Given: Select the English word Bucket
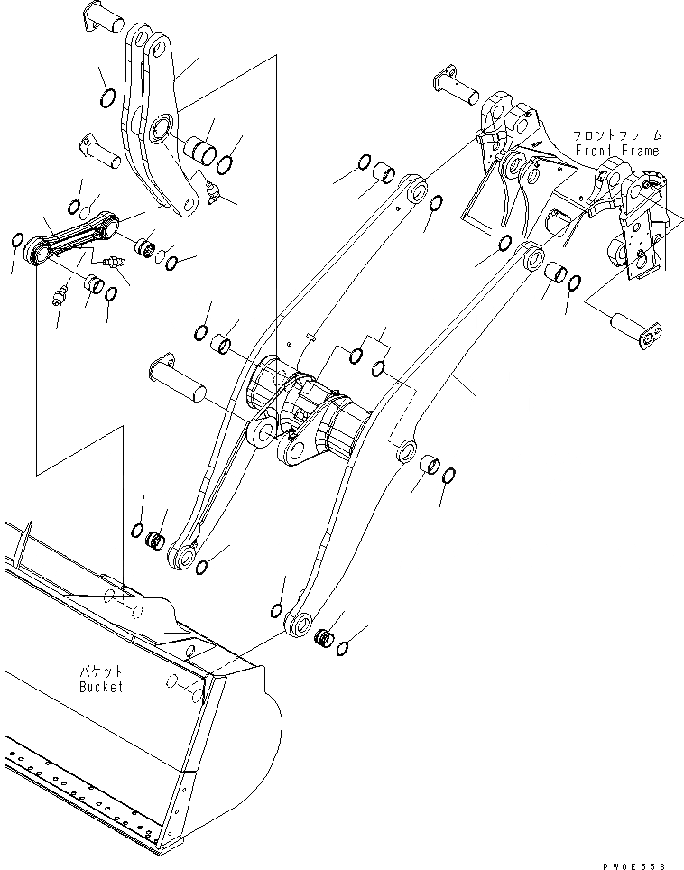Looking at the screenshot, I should [99, 687].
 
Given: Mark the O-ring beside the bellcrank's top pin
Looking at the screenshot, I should [106, 97].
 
